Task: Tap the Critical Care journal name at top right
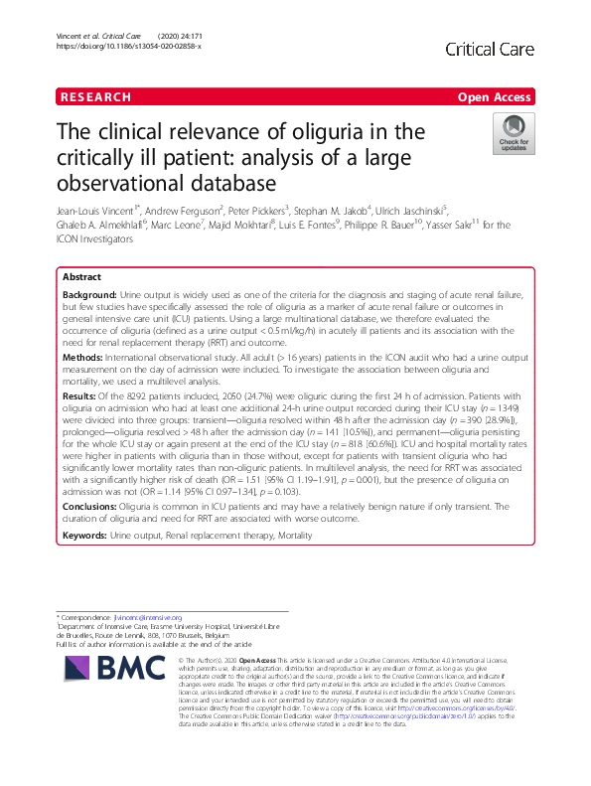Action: pos(492,49)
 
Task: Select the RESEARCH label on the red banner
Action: pos(95,97)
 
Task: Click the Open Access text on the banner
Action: pos(496,97)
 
